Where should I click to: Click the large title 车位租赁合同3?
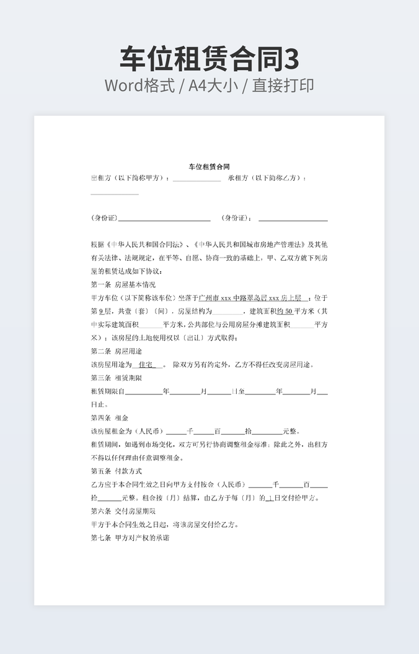coord(209,59)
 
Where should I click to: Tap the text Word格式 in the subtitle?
coord(136,85)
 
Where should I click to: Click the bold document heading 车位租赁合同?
coord(209,167)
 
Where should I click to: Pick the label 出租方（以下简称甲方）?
coord(130,178)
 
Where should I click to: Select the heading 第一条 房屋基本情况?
coord(123,285)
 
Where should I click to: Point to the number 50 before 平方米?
coord(288,311)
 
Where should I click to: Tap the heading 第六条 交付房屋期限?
coord(123,512)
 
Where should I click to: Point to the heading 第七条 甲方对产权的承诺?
coord(130,538)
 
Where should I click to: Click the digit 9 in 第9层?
coord(100,311)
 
